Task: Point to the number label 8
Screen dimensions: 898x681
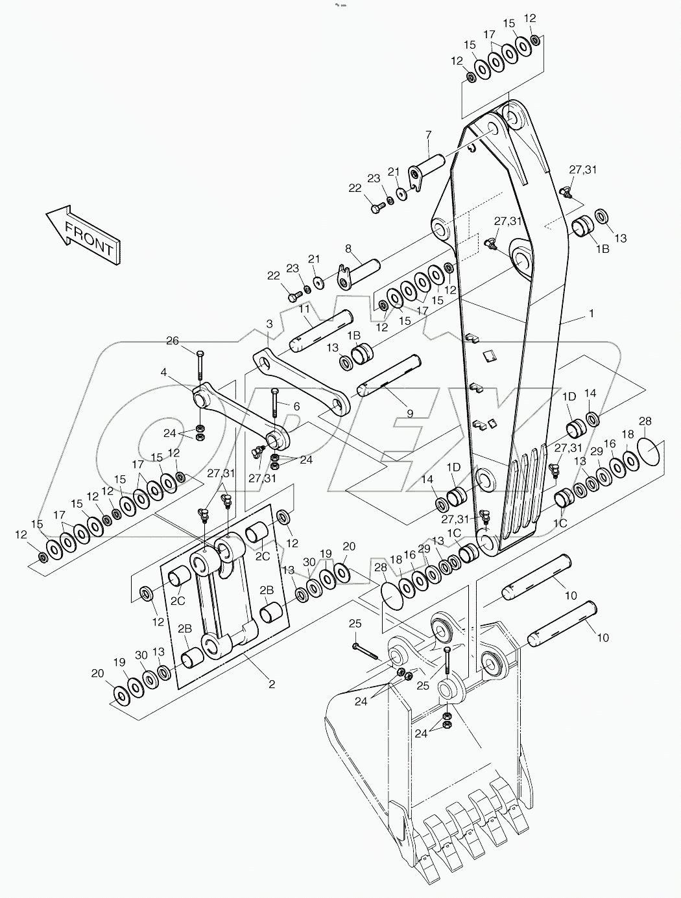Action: click(x=348, y=248)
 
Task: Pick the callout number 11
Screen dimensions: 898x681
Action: click(x=304, y=310)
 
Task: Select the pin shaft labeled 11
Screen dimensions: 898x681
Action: click(x=320, y=331)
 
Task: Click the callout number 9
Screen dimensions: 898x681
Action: click(x=409, y=412)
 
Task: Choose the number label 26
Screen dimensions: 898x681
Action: click(x=171, y=341)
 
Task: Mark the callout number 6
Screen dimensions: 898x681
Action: click(x=296, y=406)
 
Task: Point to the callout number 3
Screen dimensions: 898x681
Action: click(x=269, y=323)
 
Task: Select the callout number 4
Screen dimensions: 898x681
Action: click(x=164, y=372)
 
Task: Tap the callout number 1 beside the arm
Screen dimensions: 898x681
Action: click(x=591, y=313)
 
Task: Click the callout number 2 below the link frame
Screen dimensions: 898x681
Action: click(x=272, y=683)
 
